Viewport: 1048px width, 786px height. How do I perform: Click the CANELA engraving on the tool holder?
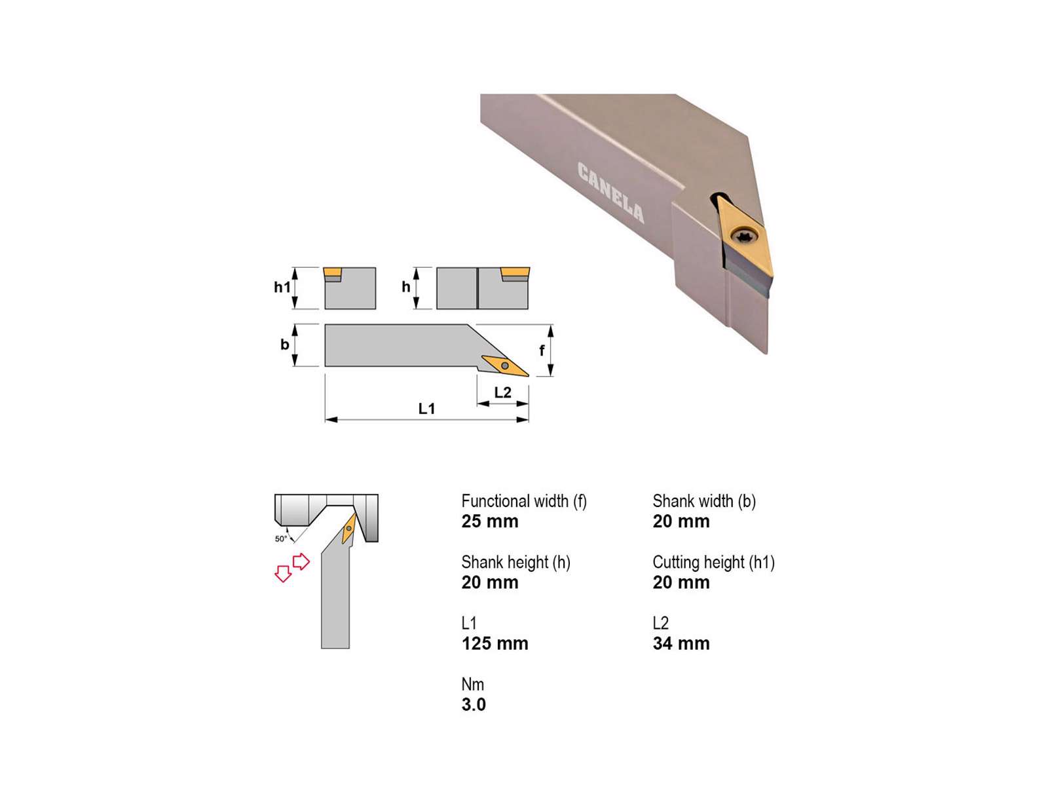[610, 193]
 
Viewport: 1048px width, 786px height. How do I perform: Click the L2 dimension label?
[502, 392]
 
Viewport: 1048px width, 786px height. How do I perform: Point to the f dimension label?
[542, 350]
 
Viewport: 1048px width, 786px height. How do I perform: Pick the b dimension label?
[284, 344]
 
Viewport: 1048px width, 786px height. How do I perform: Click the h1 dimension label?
[282, 287]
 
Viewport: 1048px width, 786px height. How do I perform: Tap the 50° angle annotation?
[281, 539]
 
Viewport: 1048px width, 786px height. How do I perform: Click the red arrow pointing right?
[301, 562]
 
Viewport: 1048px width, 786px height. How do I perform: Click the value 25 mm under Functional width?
[489, 521]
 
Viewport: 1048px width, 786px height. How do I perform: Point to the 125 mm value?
[495, 643]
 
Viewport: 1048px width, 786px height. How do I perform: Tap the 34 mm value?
[681, 643]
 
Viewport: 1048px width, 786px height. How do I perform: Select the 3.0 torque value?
[474, 704]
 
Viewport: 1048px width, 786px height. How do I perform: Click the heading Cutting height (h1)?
[713, 563]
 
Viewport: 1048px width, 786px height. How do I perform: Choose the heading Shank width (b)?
[703, 502]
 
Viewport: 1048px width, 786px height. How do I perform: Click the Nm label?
[473, 684]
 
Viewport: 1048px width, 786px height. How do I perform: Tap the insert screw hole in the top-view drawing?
[504, 365]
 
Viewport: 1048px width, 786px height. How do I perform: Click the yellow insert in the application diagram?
[349, 529]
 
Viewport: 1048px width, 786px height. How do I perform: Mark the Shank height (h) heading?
[515, 563]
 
